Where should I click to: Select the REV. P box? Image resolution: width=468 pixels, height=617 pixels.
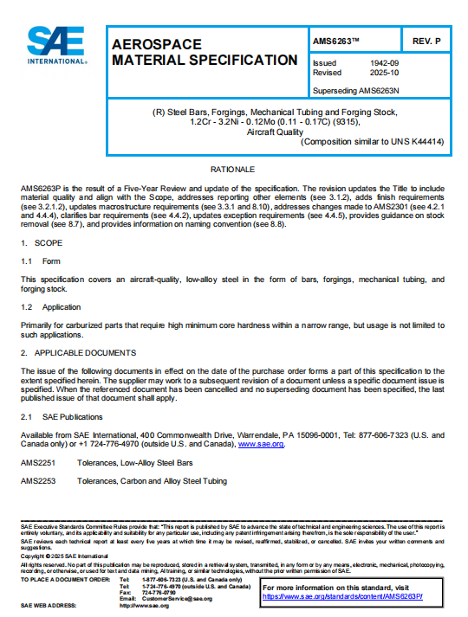coord(427,40)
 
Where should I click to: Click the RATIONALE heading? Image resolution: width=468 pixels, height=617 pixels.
coord(233,168)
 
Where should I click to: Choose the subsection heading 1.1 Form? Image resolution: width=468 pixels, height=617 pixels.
coord(42,260)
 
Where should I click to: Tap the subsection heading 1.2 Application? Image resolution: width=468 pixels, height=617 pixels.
coord(51,307)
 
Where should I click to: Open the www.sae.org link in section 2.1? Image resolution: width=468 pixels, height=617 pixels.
coord(261,444)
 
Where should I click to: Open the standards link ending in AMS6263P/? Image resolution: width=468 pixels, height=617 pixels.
coord(354,596)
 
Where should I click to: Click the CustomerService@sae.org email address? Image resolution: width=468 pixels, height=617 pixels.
coord(177,598)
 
